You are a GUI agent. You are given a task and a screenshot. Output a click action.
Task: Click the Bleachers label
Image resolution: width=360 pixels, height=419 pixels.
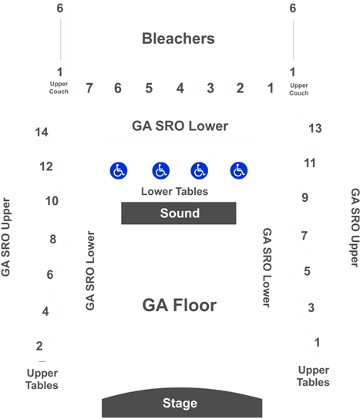point(178,39)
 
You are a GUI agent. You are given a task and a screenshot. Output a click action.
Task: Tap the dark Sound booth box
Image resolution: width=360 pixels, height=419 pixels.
point(179,213)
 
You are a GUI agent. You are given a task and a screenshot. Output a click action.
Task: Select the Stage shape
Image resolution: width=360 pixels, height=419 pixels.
point(182,402)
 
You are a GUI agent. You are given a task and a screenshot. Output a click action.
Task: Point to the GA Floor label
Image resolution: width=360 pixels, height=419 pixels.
point(179,305)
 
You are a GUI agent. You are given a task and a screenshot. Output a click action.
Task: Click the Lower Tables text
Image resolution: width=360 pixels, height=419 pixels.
point(174,191)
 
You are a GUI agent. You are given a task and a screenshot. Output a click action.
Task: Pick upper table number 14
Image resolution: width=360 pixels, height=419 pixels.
point(42,132)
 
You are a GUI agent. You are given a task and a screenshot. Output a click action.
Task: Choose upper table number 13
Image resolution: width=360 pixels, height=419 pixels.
point(315,129)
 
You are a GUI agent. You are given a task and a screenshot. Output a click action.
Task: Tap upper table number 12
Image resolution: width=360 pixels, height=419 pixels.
point(46,166)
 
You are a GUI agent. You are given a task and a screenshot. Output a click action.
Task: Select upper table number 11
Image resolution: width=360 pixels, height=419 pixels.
point(310,163)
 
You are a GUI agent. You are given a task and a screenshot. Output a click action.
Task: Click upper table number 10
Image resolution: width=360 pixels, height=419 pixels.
point(52,201)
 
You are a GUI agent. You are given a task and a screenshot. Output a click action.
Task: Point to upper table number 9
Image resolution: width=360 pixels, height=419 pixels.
point(305,198)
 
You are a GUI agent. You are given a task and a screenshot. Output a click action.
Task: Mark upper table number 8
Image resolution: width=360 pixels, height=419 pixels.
point(53,240)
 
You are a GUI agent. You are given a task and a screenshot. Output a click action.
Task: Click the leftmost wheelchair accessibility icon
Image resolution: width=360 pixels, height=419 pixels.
point(119,170)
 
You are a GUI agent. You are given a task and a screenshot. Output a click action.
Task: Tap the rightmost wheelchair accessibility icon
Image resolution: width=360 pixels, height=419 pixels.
point(239,170)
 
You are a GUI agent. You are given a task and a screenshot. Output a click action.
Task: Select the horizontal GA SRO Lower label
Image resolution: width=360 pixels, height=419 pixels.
point(180,126)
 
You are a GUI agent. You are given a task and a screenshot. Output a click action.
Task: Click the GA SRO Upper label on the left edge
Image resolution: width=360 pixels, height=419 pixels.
point(5,237)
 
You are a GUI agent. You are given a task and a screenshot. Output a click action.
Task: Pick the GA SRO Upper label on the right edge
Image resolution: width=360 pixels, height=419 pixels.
point(355,227)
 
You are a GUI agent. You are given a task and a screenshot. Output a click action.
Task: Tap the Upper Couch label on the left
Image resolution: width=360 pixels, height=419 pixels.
point(59,88)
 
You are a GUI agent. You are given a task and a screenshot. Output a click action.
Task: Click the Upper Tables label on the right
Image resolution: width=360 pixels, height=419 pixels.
point(314,376)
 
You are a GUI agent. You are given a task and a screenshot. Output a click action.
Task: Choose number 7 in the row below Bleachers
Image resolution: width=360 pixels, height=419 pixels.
point(89,88)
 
